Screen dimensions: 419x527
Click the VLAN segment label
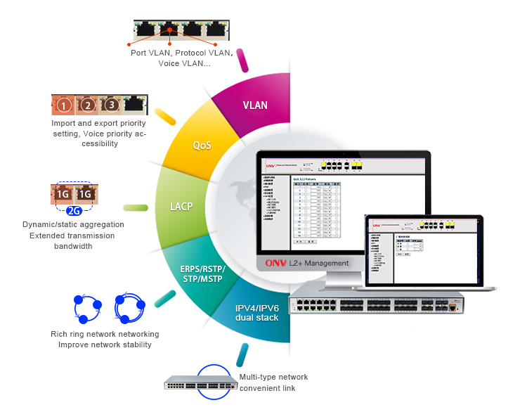[255, 105]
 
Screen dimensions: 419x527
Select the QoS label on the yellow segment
[202, 146]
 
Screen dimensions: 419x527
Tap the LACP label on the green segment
[181, 207]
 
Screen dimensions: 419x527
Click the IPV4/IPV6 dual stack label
[256, 312]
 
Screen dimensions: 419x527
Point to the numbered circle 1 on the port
[64, 106]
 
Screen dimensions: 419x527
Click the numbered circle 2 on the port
[88, 106]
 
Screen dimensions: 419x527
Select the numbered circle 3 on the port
[111, 106]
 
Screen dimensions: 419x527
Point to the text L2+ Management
[316, 263]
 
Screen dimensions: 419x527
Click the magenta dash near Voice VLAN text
[243, 59]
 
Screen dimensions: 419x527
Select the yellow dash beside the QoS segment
[164, 116]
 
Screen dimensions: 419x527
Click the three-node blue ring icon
[89, 307]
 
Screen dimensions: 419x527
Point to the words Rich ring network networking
[105, 334]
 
